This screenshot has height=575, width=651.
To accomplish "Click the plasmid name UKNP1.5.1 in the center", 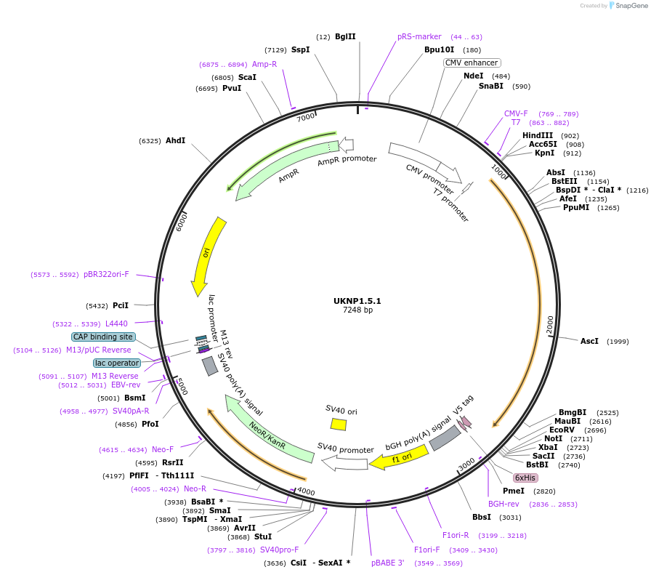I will click(357, 300).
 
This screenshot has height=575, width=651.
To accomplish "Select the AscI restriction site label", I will click(589, 341).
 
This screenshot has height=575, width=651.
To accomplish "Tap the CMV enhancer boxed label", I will click(472, 63).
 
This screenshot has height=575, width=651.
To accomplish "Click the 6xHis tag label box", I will click(525, 478).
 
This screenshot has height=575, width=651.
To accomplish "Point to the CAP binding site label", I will click(103, 337).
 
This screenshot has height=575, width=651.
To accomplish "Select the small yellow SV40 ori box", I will click(339, 424).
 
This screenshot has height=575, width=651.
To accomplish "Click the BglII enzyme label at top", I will click(345, 36).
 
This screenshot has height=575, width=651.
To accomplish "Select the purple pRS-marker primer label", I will click(419, 36).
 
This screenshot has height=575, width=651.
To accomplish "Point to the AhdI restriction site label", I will click(175, 140).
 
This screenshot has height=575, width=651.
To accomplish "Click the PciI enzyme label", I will click(121, 305).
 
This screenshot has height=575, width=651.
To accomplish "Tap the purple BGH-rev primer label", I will click(504, 504).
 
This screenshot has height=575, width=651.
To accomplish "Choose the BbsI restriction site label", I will click(482, 517).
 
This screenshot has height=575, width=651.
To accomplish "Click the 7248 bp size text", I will click(357, 310).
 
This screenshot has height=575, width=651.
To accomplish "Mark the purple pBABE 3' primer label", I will click(387, 562).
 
